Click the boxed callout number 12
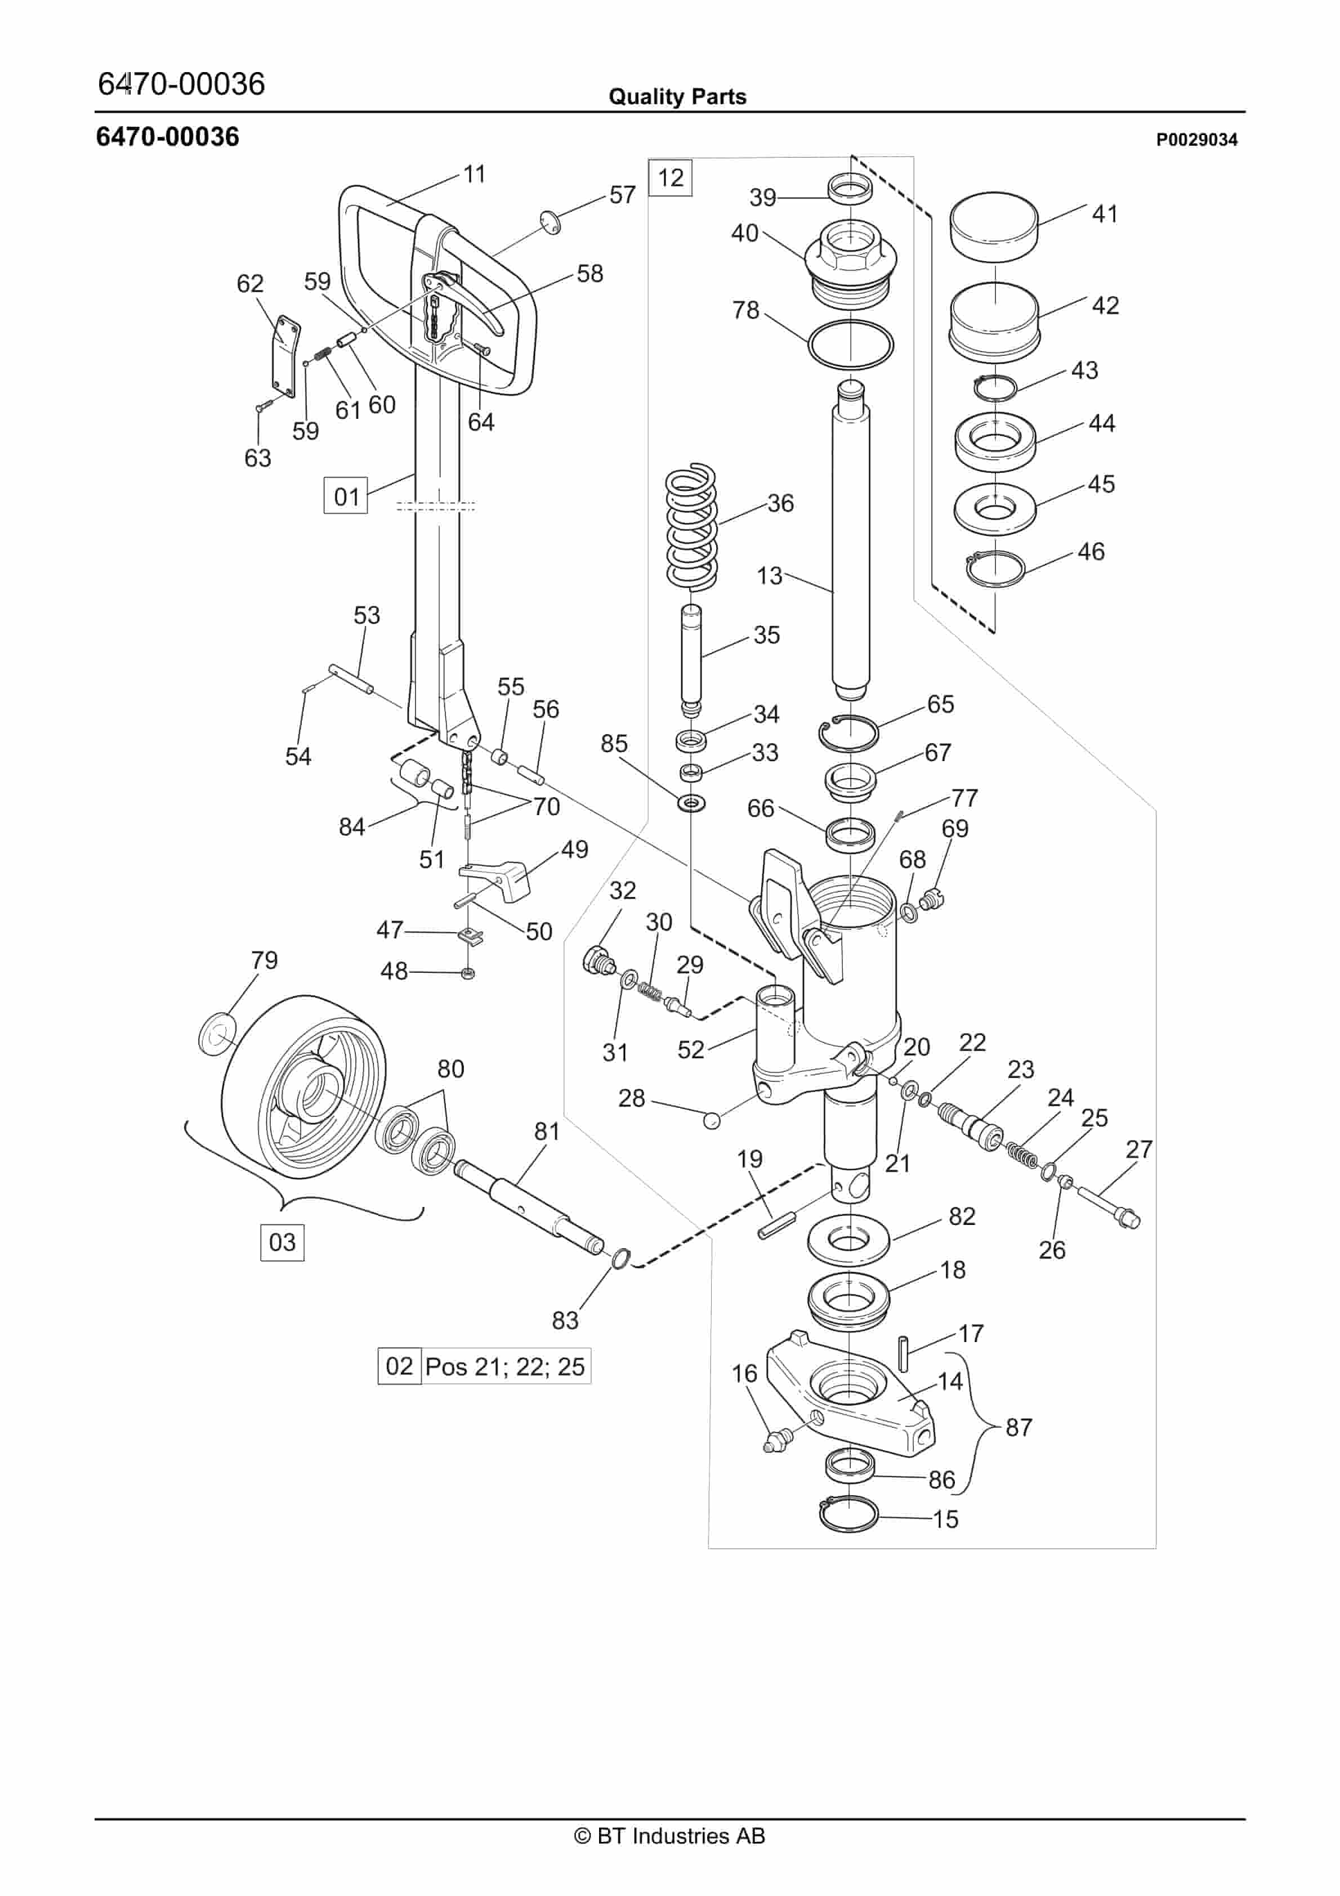pyautogui.click(x=670, y=177)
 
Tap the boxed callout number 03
pyautogui.click(x=283, y=1241)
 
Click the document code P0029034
pyautogui.click(x=1196, y=140)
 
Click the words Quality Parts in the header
pyautogui.click(x=677, y=97)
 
